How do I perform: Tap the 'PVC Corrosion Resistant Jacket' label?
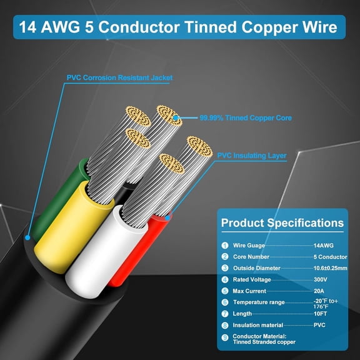[119, 78]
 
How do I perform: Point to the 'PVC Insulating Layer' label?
[251, 155]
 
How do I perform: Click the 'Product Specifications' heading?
[282, 223]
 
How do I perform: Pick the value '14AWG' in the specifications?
[324, 246]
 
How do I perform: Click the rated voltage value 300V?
[321, 279]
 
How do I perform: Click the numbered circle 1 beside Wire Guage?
[224, 246]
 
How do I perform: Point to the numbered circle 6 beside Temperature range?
[224, 302]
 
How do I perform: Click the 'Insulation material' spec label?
[258, 326]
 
